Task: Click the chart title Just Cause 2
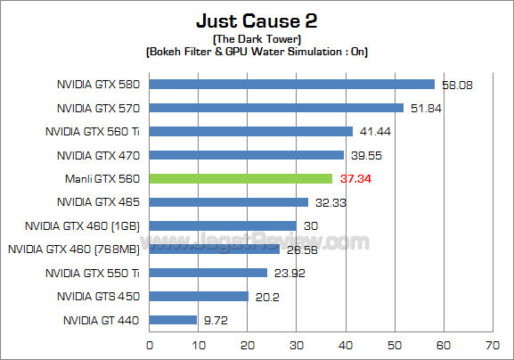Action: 257,20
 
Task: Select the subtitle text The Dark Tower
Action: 257,39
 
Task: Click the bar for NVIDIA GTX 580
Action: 291,85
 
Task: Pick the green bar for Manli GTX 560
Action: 241,178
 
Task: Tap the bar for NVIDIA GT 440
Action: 173,319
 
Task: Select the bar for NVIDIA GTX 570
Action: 276,108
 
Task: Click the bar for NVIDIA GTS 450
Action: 199,296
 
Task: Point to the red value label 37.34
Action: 352,178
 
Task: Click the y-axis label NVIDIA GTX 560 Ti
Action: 94,131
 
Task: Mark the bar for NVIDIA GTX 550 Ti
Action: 208,272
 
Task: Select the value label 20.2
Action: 265,296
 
